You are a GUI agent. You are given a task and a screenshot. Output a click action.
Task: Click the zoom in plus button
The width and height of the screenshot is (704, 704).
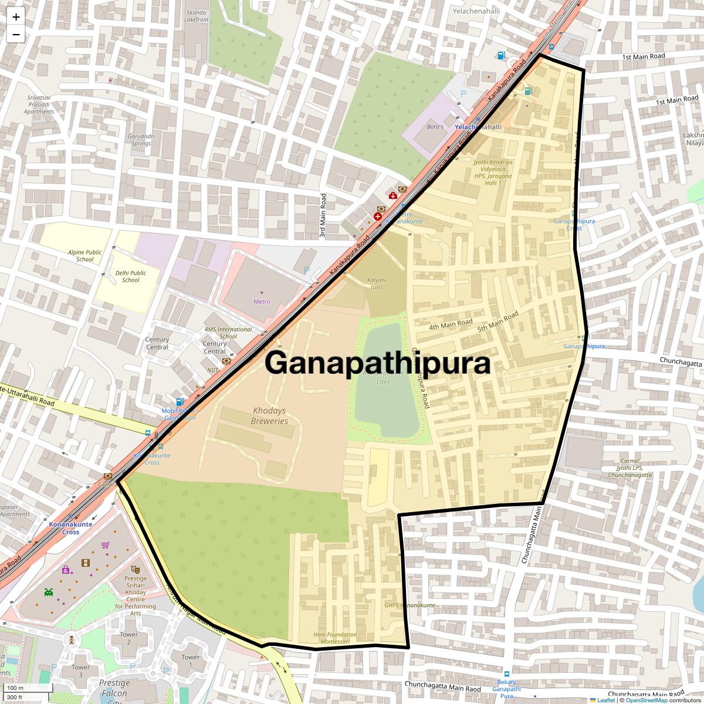(16, 16)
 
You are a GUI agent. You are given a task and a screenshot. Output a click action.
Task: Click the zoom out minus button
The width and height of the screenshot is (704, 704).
(16, 35)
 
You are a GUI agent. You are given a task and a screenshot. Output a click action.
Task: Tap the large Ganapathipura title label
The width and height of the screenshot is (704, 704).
(377, 363)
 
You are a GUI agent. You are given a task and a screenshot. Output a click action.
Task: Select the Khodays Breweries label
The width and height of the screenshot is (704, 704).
(269, 416)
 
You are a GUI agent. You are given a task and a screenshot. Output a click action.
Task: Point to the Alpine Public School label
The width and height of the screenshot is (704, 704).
(84, 256)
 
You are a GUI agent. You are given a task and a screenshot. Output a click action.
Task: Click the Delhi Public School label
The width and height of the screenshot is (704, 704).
(130, 276)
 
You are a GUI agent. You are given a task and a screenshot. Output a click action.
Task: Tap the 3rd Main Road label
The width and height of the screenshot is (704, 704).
(323, 216)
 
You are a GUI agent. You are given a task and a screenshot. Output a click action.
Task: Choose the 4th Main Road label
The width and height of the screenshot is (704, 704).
(451, 324)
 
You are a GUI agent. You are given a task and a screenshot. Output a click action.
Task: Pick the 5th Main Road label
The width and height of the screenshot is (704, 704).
(498, 321)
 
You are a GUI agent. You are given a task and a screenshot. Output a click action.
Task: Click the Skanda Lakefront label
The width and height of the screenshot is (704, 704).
(196, 16)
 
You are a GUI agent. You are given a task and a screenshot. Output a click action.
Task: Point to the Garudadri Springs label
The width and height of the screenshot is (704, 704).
(141, 140)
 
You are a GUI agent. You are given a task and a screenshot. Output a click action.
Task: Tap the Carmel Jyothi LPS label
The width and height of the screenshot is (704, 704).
(630, 468)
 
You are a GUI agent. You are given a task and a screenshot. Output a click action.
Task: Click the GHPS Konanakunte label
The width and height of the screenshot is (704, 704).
(409, 605)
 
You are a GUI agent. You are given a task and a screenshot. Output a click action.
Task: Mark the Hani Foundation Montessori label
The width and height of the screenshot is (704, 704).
(335, 638)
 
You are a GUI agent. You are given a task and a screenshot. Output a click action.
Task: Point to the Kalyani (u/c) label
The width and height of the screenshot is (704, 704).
(377, 283)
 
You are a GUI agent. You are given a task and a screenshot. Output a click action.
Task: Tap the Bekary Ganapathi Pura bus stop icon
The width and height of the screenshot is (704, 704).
(507, 675)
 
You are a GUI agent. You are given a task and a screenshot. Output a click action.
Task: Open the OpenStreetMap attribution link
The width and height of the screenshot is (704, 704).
(646, 700)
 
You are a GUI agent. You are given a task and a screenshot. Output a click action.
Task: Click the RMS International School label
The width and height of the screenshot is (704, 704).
(228, 333)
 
